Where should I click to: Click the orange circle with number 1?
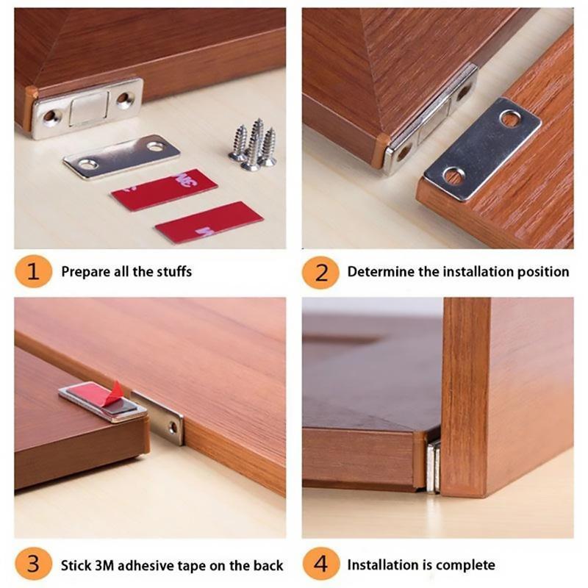tap(33, 272)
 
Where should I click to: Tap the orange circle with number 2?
tap(321, 272)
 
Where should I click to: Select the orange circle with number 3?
tap(33, 565)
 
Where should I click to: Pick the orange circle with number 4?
tap(321, 565)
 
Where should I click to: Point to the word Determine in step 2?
tap(381, 272)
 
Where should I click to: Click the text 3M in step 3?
tap(104, 566)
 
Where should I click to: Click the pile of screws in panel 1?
tap(252, 146)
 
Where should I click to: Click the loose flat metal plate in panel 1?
tap(121, 155)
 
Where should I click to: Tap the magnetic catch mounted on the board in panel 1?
tap(87, 108)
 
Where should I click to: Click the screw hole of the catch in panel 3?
tap(173, 426)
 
